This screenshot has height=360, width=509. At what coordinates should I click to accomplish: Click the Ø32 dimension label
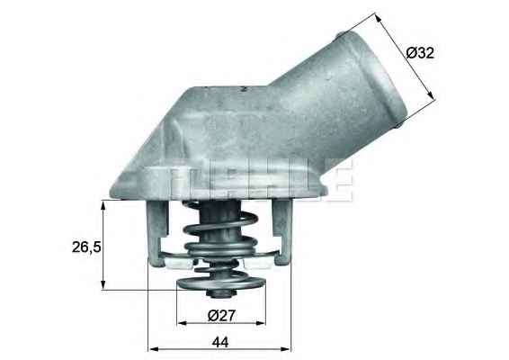coord(420,53)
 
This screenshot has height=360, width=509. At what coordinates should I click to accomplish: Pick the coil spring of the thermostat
coord(219,236)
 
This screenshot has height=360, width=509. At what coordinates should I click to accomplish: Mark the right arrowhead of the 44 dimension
coord(290,348)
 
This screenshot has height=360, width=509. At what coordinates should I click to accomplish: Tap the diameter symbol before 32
coord(412,53)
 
